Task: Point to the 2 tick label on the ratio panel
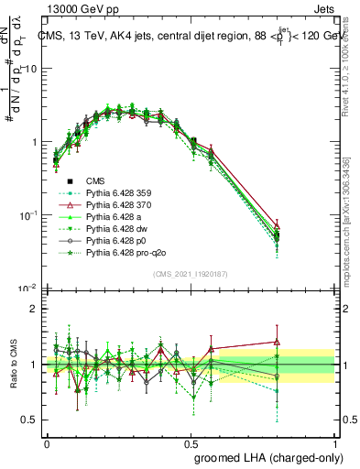point(35,309)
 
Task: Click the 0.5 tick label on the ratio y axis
point(31,420)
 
